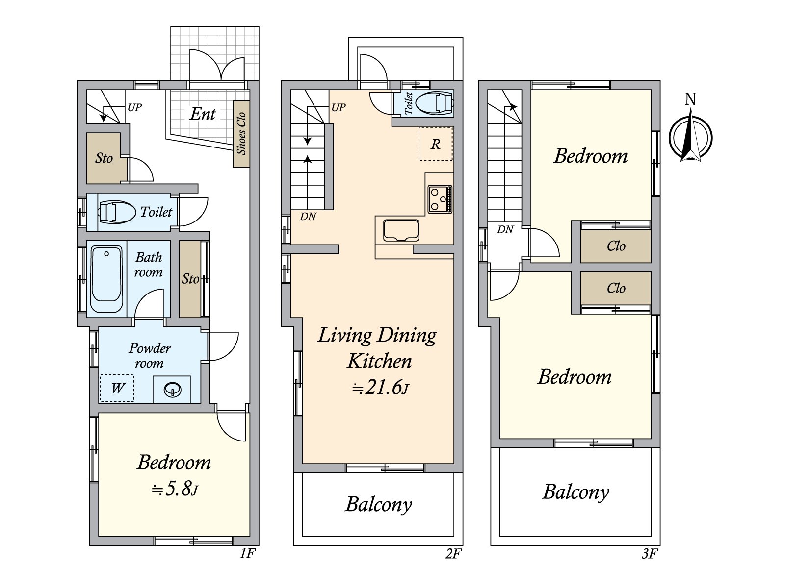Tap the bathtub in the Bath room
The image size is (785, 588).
(106, 279)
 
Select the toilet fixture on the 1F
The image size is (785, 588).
(117, 212)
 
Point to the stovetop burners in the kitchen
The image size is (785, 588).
(440, 199)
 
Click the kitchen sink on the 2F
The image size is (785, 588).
(401, 230)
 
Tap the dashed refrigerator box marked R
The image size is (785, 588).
(435, 144)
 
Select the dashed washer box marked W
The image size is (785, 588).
(117, 388)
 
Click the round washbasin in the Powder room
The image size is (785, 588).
(173, 390)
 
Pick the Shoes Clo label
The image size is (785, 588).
(241, 134)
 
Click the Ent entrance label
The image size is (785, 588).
(203, 114)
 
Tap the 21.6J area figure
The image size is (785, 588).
(380, 388)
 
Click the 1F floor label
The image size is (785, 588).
(248, 554)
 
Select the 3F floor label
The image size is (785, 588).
(649, 554)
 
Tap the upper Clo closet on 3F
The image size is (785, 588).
(616, 246)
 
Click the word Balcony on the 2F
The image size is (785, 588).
(378, 504)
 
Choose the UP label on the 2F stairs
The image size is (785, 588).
(339, 107)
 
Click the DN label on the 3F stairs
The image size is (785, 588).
(505, 229)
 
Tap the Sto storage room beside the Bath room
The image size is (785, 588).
(190, 279)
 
